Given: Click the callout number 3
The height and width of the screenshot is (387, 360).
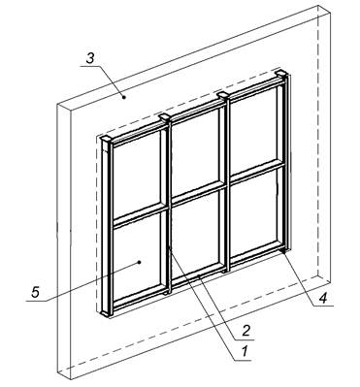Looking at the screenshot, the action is click(90, 58).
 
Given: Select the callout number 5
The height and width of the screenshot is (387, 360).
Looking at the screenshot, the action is click(36, 292).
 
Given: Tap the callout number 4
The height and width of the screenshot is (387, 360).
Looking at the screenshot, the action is click(322, 298).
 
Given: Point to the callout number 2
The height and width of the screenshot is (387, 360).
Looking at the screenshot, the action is click(245, 331).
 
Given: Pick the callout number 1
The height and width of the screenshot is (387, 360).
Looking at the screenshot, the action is click(245, 351).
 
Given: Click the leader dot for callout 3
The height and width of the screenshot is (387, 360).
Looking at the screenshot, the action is click(123, 96).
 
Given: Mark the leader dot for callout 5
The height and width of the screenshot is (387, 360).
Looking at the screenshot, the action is click(139, 262).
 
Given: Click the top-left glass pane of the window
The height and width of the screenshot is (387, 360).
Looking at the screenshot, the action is click(137, 173).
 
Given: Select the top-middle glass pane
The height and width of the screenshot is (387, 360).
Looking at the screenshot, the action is click(195, 151).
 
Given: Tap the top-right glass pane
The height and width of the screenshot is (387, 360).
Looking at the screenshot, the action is click(254, 130).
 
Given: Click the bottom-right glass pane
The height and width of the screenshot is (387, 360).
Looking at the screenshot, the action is click(254, 213).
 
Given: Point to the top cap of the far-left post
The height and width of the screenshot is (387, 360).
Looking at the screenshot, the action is click(107, 139).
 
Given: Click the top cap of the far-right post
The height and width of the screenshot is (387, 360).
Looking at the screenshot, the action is click(281, 74).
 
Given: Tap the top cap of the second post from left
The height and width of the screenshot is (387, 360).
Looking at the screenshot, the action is click(165, 117).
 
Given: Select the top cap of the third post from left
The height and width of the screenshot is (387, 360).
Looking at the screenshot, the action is click(223, 95).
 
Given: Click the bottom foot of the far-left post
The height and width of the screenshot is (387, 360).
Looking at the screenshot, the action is click(106, 312).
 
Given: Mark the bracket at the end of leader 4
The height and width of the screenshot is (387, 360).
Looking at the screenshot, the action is click(283, 249).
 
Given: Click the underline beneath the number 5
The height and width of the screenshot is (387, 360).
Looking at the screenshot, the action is click(37, 301).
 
